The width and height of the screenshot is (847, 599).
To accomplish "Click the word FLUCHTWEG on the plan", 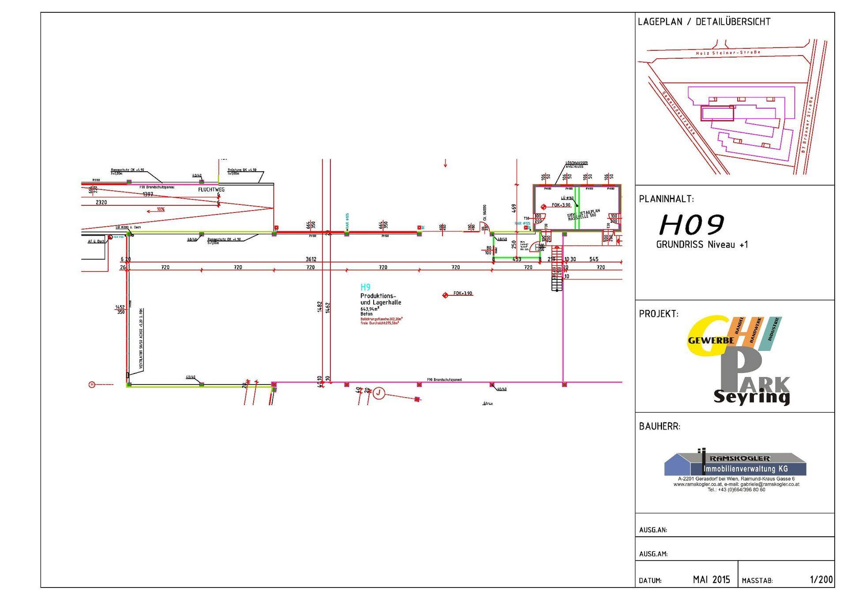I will point(211,190).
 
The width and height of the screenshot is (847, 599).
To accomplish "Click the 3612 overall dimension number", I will point(311,260).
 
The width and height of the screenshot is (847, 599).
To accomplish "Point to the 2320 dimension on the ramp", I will point(101,203).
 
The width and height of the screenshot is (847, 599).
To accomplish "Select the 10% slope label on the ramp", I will point(160,209).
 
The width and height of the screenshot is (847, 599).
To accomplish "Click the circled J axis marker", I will point(379,393).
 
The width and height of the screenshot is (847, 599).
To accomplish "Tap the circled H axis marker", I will point(92,385).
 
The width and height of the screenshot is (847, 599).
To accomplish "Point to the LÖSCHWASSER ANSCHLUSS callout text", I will point(577,165).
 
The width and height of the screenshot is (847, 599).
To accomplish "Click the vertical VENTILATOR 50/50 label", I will point(141,339).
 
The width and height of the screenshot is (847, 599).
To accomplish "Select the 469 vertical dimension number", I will point(514,207).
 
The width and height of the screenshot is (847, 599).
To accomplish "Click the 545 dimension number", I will point(594,260).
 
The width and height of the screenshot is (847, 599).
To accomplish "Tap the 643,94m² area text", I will point(370,309).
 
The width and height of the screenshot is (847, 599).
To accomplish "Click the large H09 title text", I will point(691,225).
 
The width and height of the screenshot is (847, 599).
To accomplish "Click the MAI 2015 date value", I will point(711,580).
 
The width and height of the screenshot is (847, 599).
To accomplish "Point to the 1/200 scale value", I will point(821,580).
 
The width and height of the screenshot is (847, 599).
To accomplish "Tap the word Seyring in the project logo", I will point(751,397).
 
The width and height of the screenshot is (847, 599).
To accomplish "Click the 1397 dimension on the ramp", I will point(148,194).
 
